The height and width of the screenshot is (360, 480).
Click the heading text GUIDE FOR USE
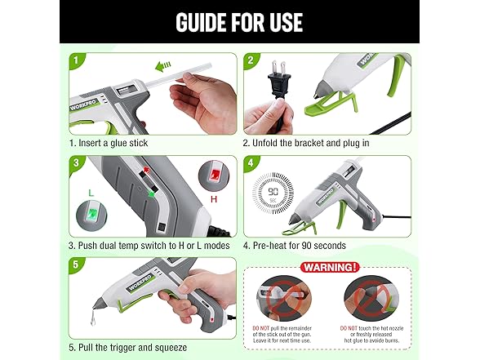(239, 21)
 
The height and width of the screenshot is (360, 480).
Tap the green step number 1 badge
(75, 60)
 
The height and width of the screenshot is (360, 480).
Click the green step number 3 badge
(75, 162)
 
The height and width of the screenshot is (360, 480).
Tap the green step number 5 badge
(75, 264)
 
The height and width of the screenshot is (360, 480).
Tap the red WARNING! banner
(327, 266)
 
